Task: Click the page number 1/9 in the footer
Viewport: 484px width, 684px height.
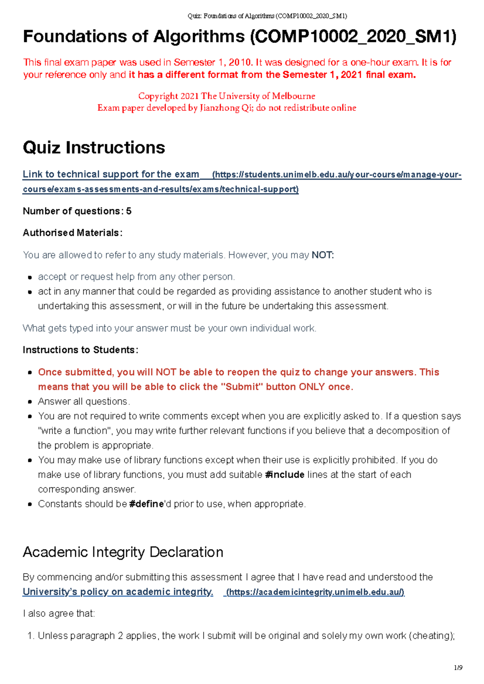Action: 458,667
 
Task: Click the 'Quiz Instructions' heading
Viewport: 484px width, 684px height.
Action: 94,148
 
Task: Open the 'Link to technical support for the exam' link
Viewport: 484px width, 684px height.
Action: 111,174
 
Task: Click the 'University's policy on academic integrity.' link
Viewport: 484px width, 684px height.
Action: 118,592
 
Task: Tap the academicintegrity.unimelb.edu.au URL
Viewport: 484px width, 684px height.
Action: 315,592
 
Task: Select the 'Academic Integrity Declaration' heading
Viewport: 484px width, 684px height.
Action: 123,552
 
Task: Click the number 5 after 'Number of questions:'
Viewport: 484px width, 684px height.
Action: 129,211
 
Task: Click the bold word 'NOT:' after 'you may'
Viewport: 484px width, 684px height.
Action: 323,255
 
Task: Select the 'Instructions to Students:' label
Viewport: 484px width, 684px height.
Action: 80,350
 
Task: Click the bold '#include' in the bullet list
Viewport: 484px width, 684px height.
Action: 285,475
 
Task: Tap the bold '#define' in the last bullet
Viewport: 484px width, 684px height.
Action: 146,504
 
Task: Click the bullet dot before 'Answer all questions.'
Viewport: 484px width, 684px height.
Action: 30,402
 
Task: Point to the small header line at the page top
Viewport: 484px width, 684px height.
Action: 267,16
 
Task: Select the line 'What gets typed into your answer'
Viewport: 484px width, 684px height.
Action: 169,328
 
